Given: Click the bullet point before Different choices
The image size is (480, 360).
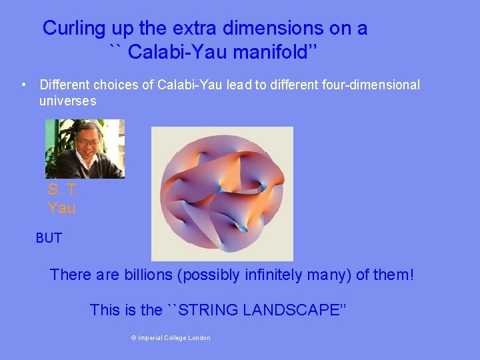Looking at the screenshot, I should click(24, 85).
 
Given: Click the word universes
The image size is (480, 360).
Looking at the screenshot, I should click(67, 101).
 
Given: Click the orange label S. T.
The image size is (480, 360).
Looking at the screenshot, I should click(63, 189).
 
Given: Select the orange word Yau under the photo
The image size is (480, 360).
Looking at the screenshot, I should click(61, 208).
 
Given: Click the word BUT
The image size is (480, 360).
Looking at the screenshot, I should click(49, 238).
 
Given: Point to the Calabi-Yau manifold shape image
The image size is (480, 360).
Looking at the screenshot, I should click(222, 194).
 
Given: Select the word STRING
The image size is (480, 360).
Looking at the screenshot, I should click(209, 310).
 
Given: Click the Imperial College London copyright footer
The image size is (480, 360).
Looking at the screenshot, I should click(171, 338).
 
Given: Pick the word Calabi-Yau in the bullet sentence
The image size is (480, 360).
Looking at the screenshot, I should click(191, 85).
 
